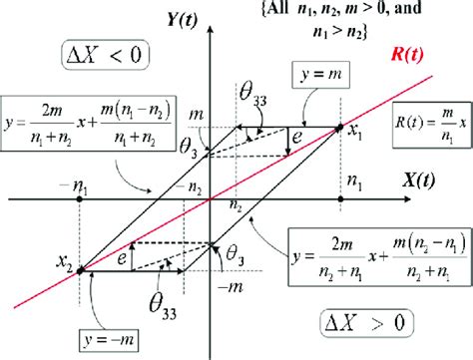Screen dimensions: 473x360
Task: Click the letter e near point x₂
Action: pyautogui.click(x=120, y=256)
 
